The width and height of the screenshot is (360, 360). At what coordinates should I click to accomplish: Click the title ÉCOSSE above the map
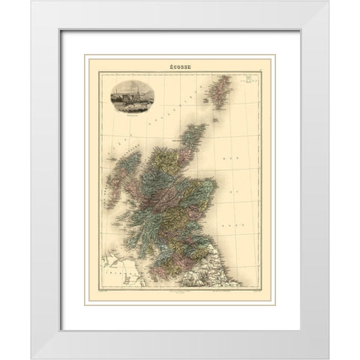coord(180,68)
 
